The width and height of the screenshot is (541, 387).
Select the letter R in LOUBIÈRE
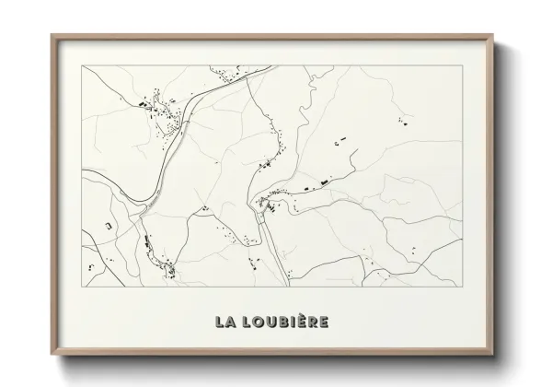[x=309, y=322]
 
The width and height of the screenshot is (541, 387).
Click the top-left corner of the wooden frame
[x=52, y=35]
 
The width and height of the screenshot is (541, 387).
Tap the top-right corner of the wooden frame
[x=494, y=35]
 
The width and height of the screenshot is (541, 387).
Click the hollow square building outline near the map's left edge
[x=109, y=225]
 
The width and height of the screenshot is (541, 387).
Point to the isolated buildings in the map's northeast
[x=401, y=120]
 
